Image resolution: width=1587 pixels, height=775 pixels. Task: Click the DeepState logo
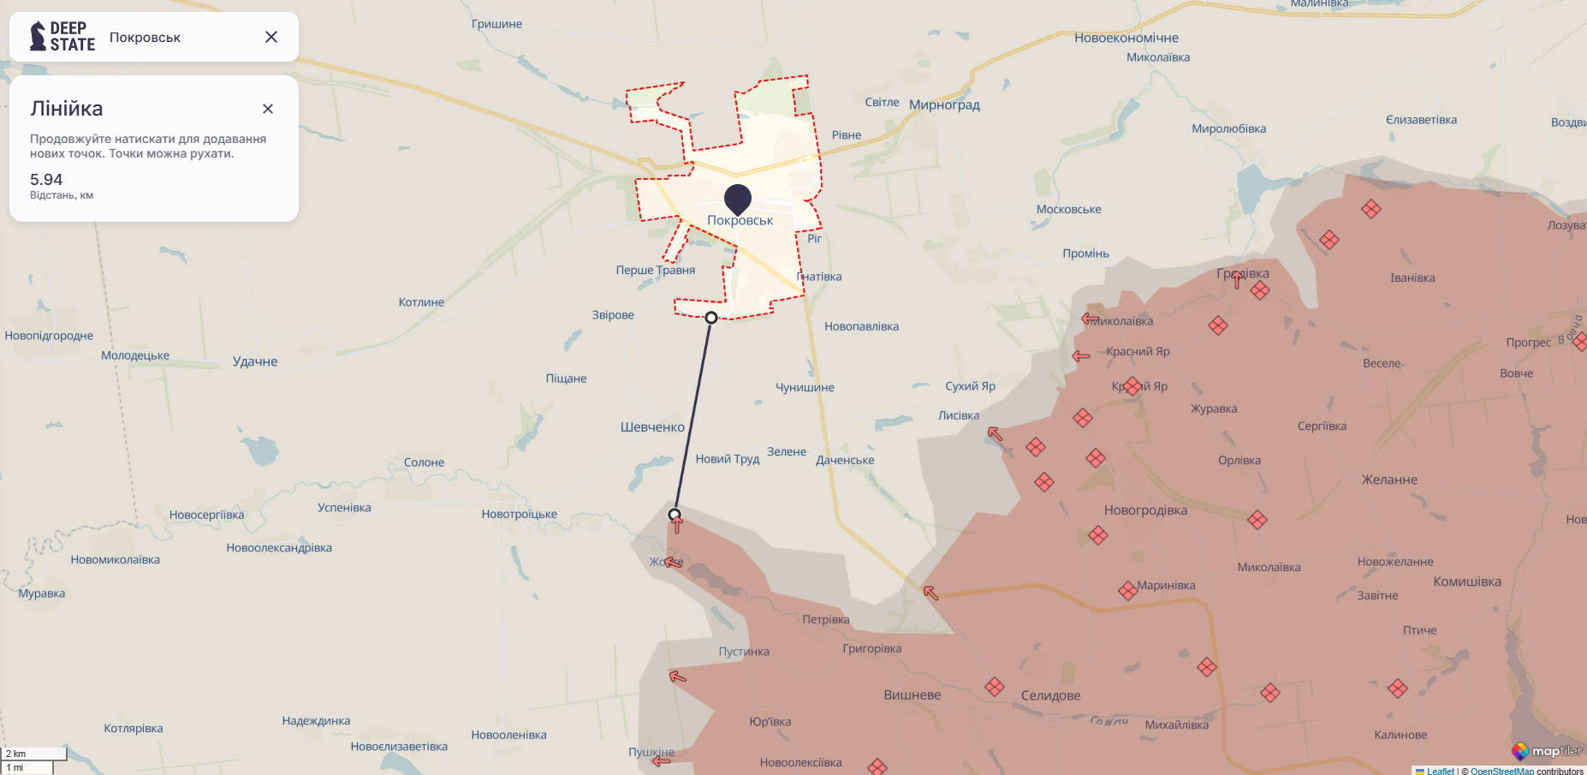[x=62, y=37]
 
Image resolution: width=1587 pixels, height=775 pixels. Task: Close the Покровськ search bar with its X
[x=271, y=37]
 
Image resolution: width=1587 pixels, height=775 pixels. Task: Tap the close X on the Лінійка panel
[x=268, y=109]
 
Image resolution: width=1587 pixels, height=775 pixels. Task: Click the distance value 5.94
[x=46, y=180]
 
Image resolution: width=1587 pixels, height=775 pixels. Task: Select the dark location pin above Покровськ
[x=737, y=199]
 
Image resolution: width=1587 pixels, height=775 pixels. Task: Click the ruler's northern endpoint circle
[x=711, y=318]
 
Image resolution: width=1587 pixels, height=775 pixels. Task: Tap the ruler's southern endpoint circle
[x=675, y=515]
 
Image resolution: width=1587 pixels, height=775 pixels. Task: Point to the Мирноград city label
[x=944, y=105]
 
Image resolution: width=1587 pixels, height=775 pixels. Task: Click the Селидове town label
[x=1050, y=695]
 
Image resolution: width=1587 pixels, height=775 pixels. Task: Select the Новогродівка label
[x=1145, y=510]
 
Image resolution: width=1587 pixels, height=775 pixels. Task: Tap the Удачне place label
[x=255, y=361]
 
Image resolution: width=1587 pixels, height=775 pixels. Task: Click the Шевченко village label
[x=652, y=427]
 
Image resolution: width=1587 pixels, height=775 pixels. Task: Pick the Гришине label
[x=496, y=24]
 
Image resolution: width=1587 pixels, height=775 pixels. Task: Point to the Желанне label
[x=1389, y=480]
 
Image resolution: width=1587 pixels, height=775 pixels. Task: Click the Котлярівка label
[x=134, y=729]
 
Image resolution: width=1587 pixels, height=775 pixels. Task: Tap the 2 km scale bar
[x=34, y=754]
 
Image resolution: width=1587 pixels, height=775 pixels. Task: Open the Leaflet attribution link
[x=1440, y=771]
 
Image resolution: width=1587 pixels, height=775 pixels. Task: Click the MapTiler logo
[x=1547, y=751]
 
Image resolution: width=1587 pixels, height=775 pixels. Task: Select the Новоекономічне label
[x=1126, y=38]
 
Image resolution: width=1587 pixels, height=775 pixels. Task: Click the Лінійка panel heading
[x=67, y=109]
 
